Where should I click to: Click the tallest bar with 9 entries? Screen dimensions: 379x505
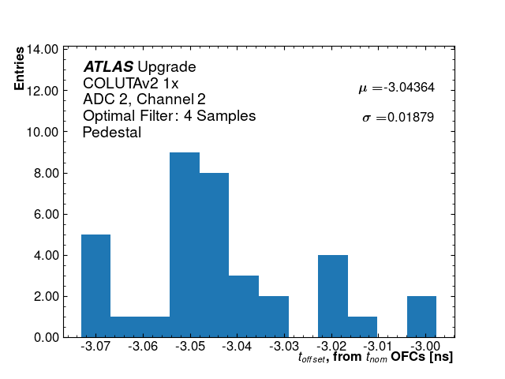tap(185, 245)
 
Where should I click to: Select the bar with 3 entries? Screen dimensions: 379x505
tap(244, 306)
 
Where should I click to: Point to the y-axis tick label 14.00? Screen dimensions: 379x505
tap(41, 49)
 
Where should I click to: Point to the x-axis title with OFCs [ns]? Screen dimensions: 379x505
tap(375, 358)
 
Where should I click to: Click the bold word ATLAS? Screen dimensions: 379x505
tap(108, 67)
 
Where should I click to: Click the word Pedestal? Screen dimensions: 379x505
tap(112, 133)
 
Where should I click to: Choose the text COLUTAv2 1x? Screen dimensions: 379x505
tap(131, 83)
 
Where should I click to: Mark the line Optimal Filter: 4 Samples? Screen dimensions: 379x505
tap(169, 116)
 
